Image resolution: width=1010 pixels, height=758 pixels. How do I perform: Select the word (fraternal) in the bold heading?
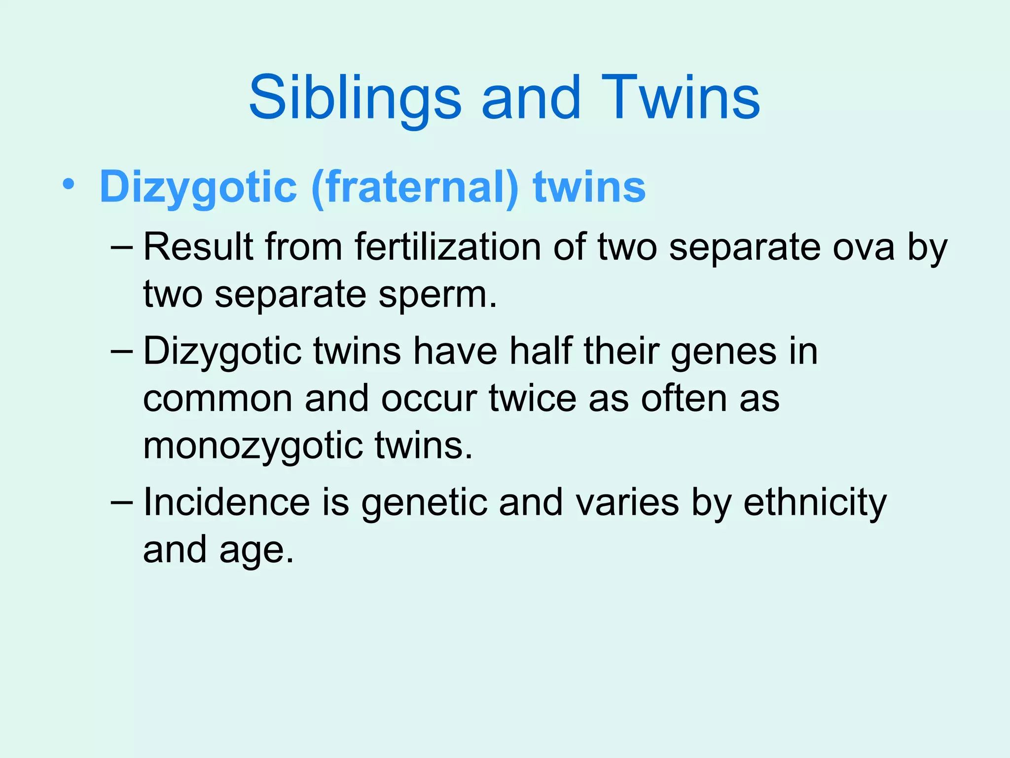[415, 188]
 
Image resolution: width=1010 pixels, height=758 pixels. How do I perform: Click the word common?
[217, 399]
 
